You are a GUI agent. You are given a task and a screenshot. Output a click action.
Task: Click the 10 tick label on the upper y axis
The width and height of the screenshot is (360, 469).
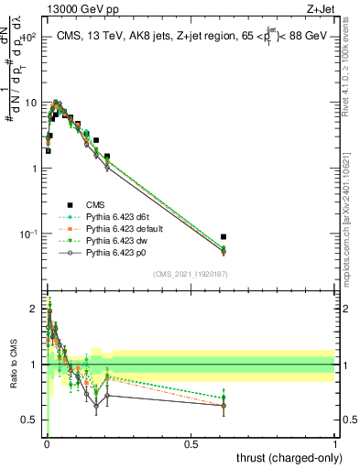coord(27,103)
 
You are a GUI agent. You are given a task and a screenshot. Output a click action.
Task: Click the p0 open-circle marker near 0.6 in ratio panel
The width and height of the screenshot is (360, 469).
coord(224,406)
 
